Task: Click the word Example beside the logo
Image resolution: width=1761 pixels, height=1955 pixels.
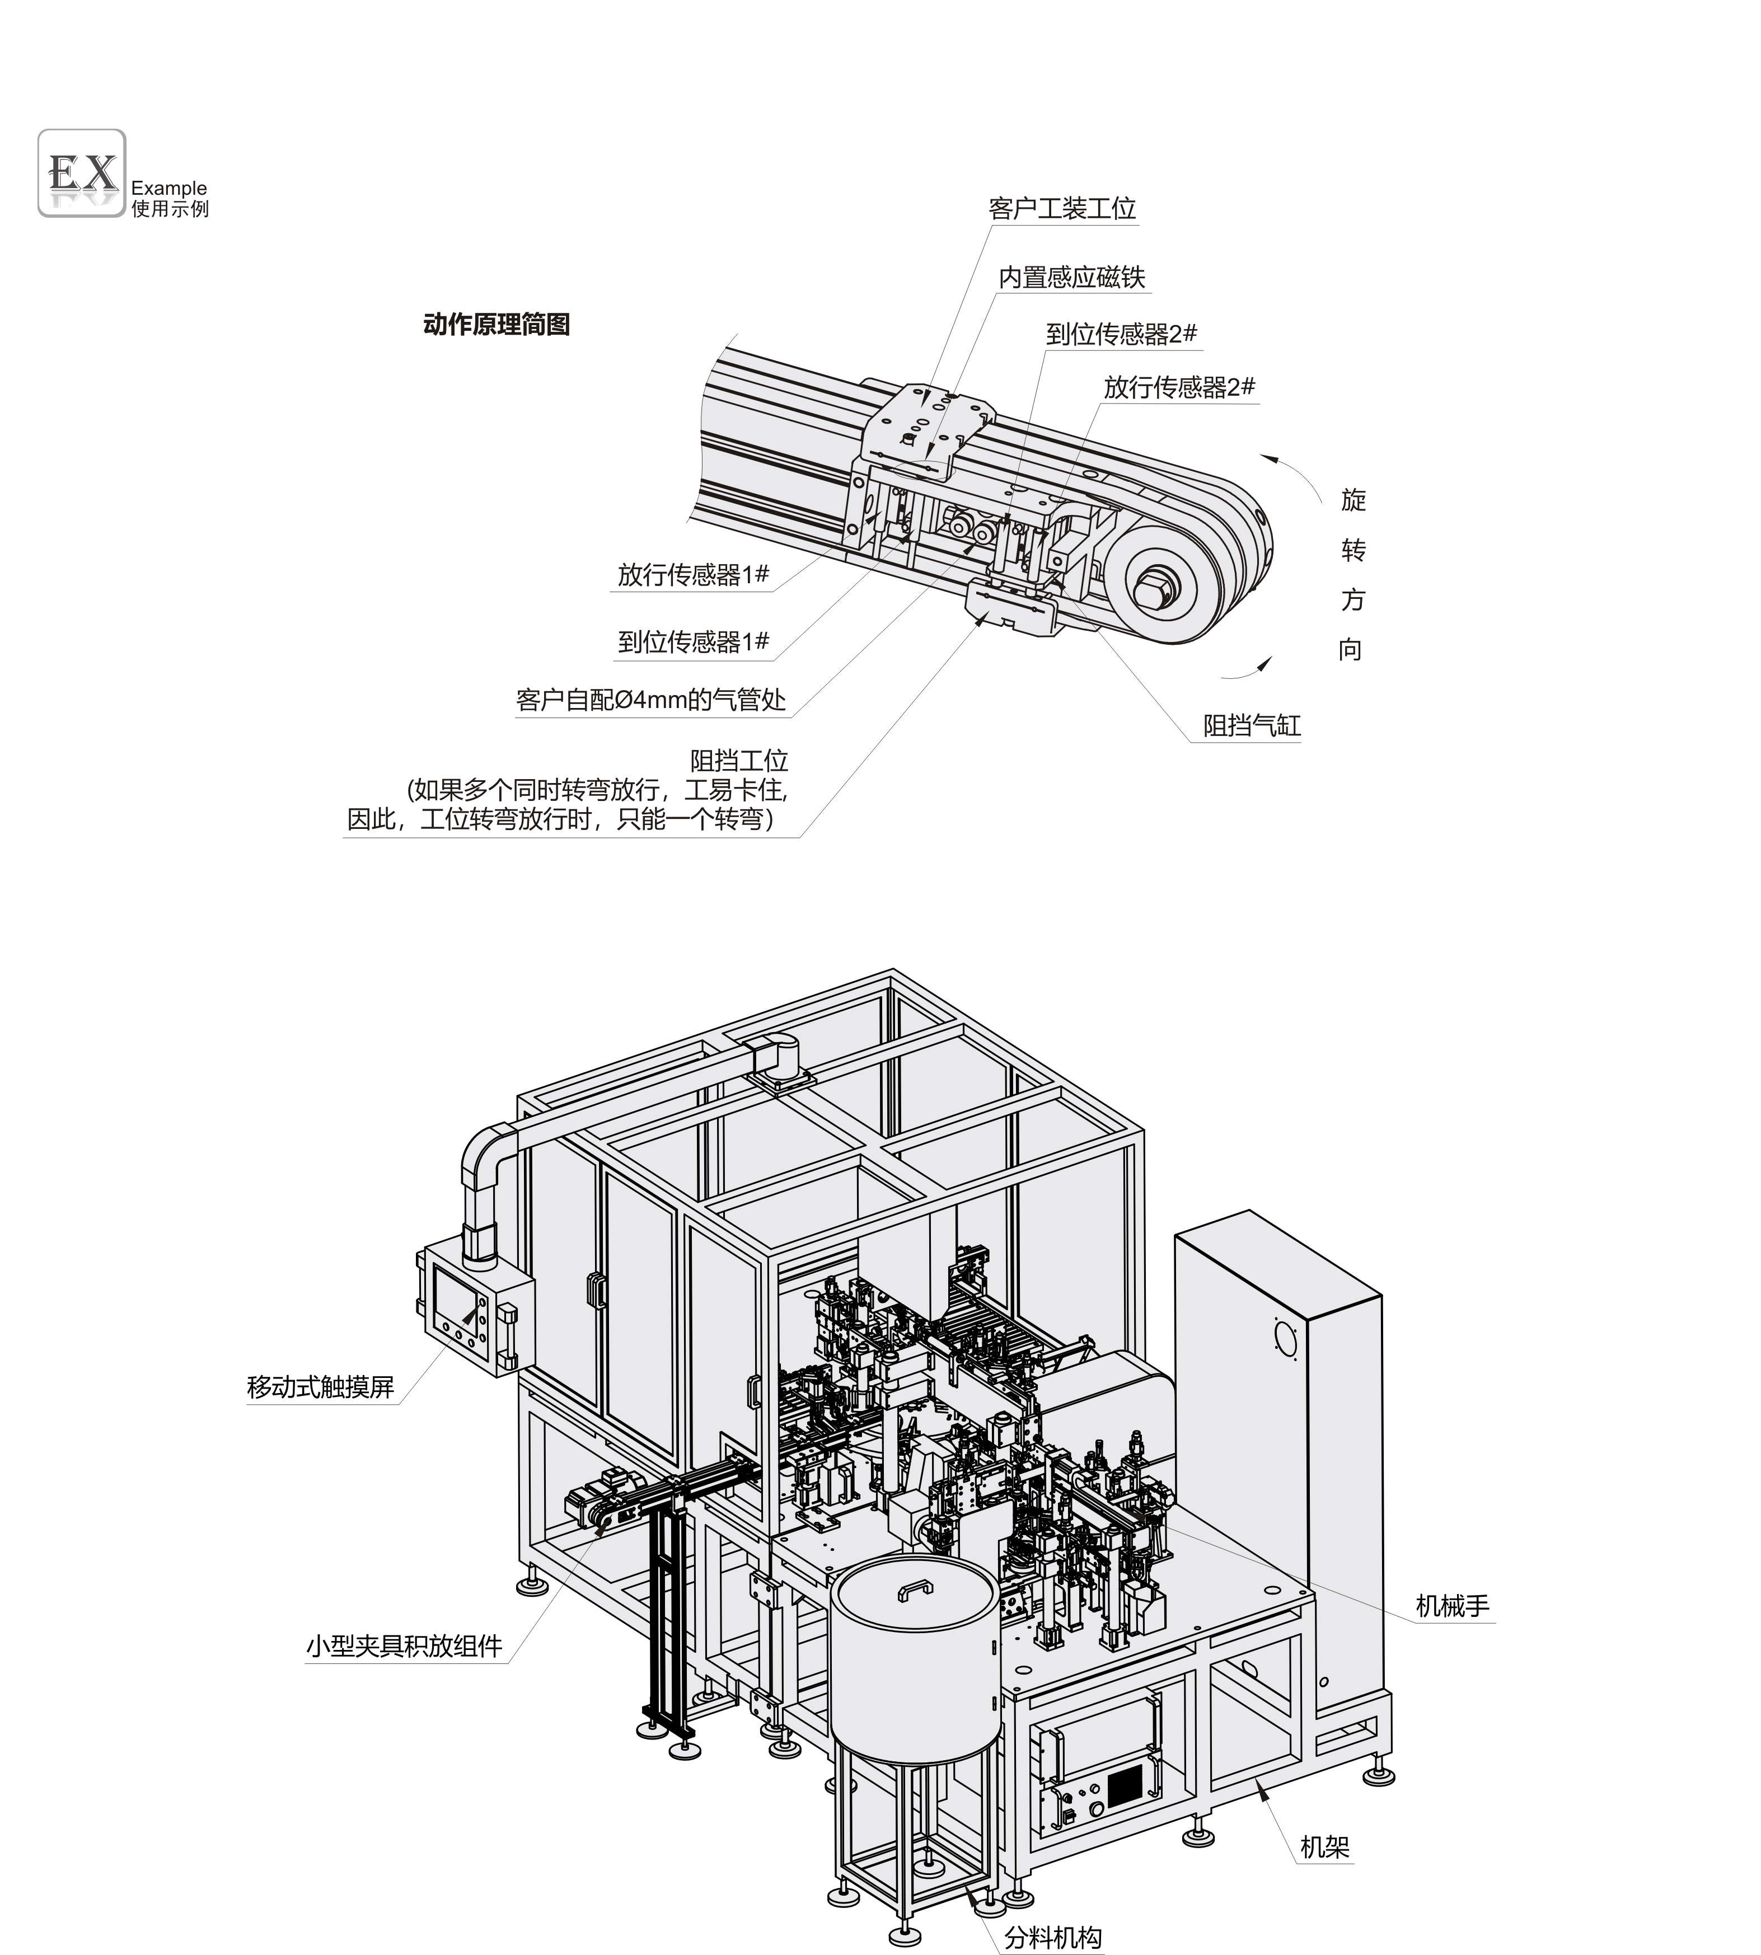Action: (169, 189)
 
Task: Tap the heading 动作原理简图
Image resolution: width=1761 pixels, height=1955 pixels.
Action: (497, 324)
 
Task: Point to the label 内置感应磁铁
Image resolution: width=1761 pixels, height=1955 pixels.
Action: (1072, 278)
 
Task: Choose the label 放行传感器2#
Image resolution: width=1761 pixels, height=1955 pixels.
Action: (1179, 388)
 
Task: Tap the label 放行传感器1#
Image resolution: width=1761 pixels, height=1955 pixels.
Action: (694, 575)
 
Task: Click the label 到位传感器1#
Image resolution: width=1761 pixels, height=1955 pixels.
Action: (694, 641)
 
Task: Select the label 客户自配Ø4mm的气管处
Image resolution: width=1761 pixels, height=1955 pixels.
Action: (651, 700)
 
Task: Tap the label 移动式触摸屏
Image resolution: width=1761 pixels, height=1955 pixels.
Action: (320, 1388)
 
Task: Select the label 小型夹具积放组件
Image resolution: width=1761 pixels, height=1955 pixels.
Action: (405, 1647)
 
